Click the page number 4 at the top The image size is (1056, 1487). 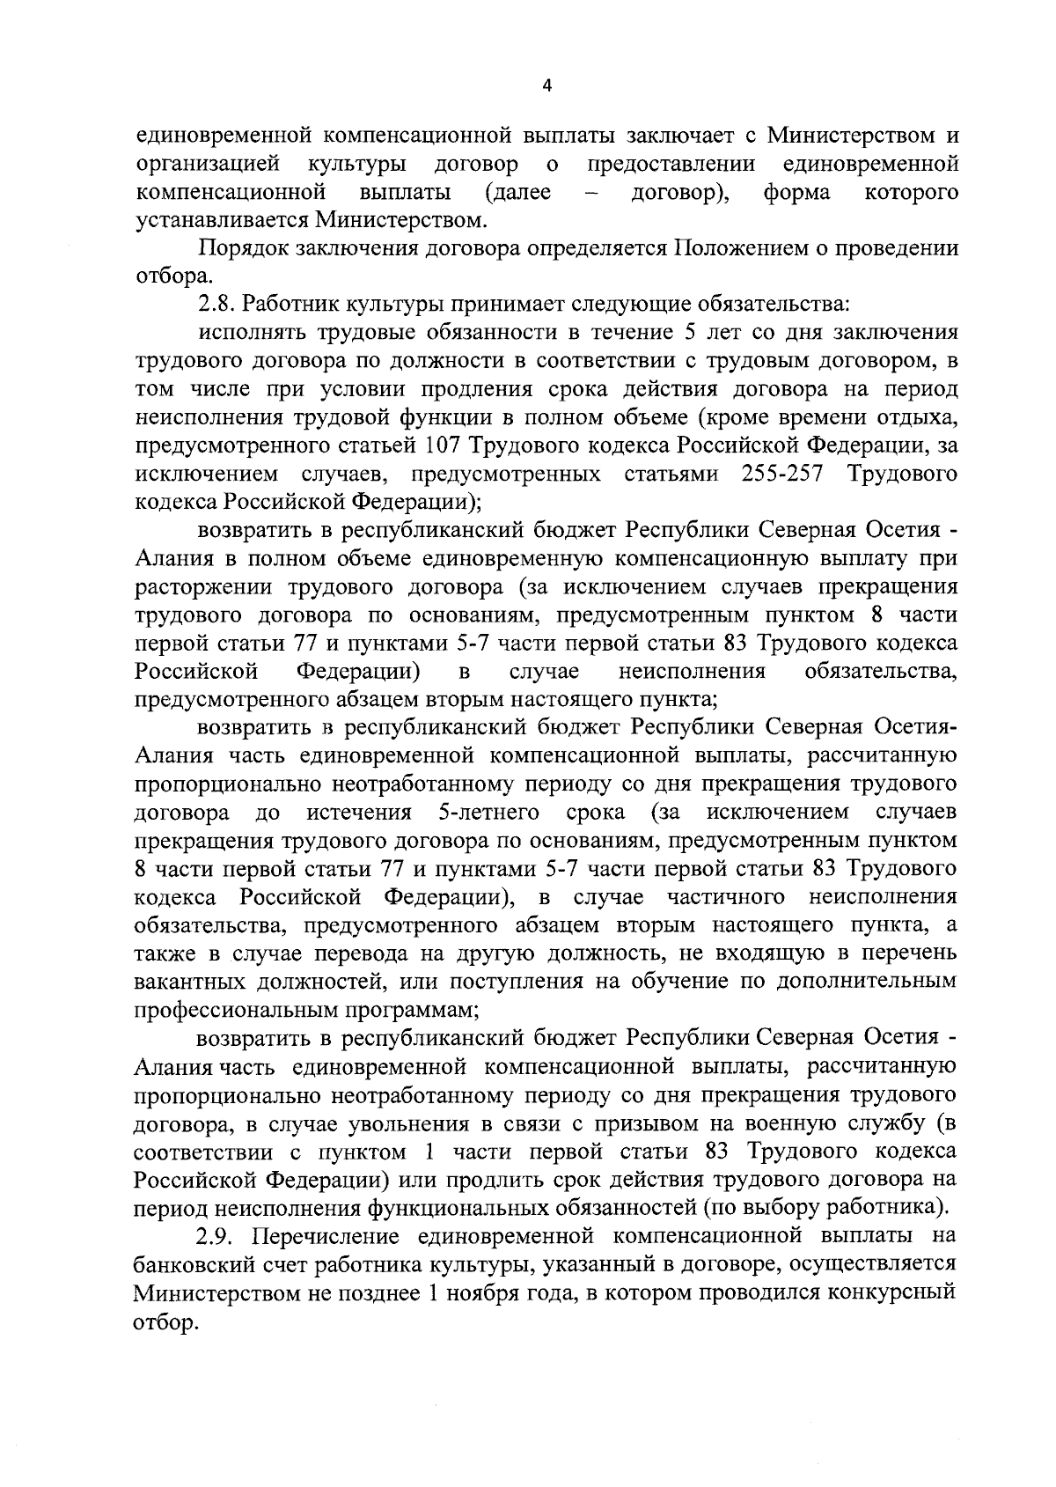coord(546,86)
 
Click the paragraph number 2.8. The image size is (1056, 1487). coord(216,305)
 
